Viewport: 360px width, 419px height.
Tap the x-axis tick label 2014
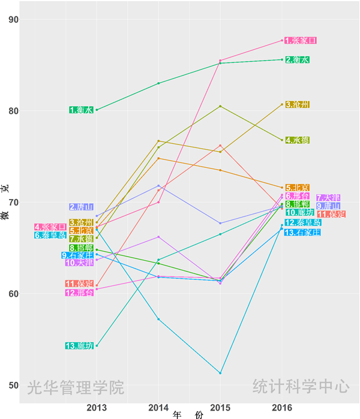[x=158, y=408]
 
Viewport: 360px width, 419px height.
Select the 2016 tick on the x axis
[x=282, y=408]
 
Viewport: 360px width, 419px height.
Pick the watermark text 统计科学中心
[x=301, y=386]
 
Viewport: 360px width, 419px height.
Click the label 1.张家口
[x=300, y=41]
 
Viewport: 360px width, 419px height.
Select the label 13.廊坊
[x=80, y=346]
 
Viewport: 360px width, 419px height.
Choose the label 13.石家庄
[x=302, y=233]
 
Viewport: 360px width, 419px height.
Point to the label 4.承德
[x=298, y=140]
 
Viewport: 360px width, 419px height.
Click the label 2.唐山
[x=82, y=207]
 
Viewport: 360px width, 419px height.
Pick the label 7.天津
[x=329, y=198]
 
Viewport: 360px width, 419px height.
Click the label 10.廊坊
[x=300, y=212]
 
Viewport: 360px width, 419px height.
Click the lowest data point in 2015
[x=220, y=373]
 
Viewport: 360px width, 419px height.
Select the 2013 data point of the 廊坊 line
[x=97, y=346]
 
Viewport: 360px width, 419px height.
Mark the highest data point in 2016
[x=282, y=41]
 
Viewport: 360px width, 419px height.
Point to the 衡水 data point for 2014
[x=158, y=83]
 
